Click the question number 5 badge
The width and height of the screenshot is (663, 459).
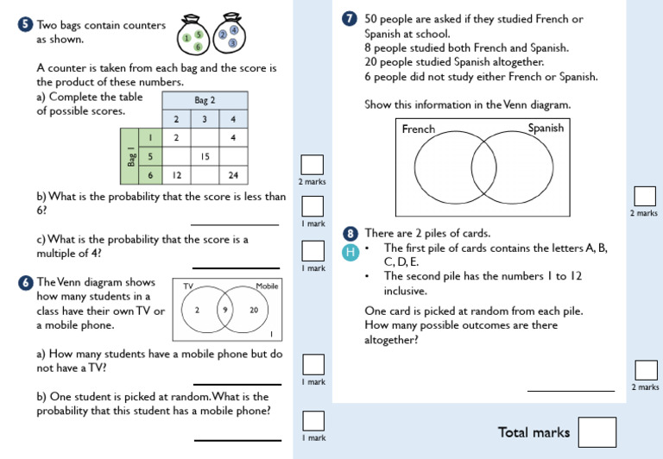pyautogui.click(x=26, y=26)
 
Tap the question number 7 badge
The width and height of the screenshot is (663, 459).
pyautogui.click(x=349, y=19)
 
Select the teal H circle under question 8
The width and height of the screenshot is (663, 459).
pyautogui.click(x=350, y=252)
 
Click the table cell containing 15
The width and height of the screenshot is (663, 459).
pyautogui.click(x=205, y=157)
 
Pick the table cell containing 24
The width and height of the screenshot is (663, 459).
pyautogui.click(x=233, y=175)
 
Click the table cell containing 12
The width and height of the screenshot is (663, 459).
pyautogui.click(x=176, y=175)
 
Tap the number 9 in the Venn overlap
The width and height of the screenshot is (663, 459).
pyautogui.click(x=224, y=310)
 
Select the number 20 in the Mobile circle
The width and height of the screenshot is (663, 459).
pyautogui.click(x=253, y=310)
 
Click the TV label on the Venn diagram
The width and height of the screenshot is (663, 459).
pyautogui.click(x=187, y=286)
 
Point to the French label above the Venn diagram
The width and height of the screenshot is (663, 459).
pyautogui.click(x=419, y=129)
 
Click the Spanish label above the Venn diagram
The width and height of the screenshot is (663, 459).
pyautogui.click(x=546, y=129)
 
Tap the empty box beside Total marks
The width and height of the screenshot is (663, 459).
pyautogui.click(x=597, y=432)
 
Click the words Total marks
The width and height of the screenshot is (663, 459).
pyautogui.click(x=534, y=432)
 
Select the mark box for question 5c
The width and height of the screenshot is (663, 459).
pyautogui.click(x=313, y=250)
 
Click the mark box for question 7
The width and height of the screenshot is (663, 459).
pyautogui.click(x=644, y=196)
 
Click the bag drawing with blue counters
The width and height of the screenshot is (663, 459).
pyautogui.click(x=229, y=32)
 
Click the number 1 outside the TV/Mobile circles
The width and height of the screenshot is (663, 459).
pyautogui.click(x=272, y=334)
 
